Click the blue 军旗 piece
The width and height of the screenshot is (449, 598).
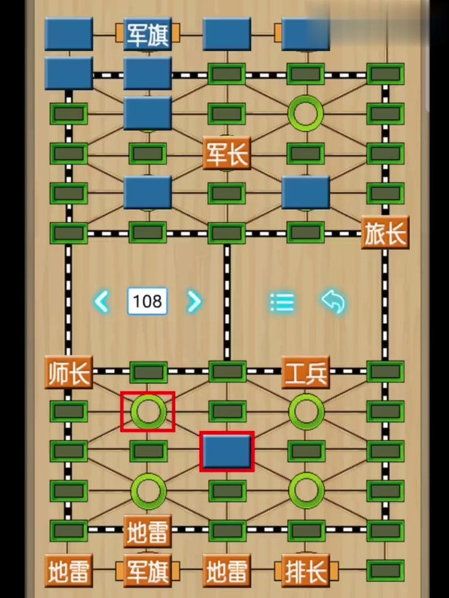point(148,34)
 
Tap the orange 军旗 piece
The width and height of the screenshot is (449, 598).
point(148,571)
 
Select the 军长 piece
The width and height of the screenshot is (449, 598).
point(226,153)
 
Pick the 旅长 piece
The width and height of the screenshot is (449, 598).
point(385,233)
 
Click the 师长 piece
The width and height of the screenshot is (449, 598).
point(69,372)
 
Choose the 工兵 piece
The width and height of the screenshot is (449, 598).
point(306,372)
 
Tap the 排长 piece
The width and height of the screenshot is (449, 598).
point(306,571)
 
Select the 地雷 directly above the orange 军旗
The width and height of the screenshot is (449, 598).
point(148,531)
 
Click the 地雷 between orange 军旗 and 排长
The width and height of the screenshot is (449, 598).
point(226,571)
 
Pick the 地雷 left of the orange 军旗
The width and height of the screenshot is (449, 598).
point(69,571)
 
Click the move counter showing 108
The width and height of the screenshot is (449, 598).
point(148,301)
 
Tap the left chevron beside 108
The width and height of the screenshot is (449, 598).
point(102,301)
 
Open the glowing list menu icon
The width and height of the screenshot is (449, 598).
point(282,302)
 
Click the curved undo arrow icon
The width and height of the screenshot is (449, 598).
point(334,301)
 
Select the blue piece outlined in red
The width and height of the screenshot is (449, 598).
point(227,451)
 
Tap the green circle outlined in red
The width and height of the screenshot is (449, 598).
point(148,411)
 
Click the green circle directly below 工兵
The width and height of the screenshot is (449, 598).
point(306,411)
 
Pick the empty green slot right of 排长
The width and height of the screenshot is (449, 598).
point(385,571)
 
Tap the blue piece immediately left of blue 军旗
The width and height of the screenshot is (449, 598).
point(69,34)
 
